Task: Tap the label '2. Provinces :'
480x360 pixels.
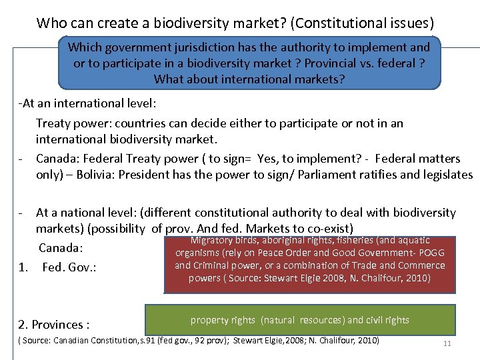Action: click(54, 325)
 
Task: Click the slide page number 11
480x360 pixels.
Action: click(447, 343)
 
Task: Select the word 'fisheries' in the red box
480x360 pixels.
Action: click(359, 240)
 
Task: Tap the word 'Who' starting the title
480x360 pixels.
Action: click(51, 23)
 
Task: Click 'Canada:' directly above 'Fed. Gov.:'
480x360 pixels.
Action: click(61, 248)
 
